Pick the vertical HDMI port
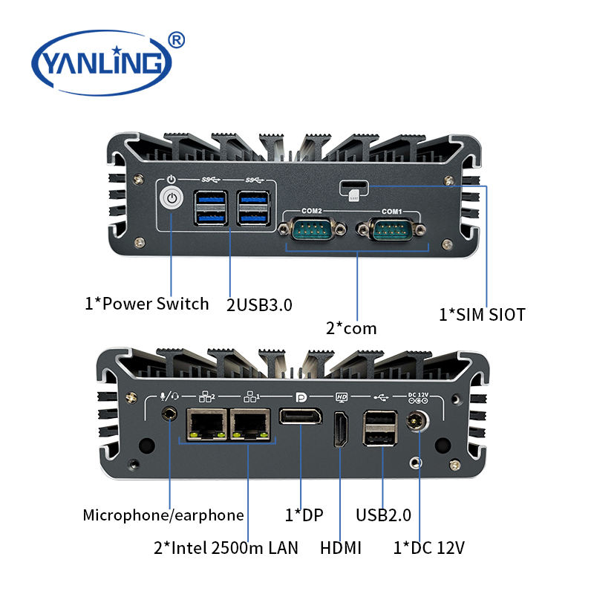(341, 430)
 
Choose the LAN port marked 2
(201, 424)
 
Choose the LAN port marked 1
(249, 424)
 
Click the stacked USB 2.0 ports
(381, 428)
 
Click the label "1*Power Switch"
(146, 303)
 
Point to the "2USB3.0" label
(259, 304)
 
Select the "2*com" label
(350, 327)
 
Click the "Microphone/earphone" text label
(163, 515)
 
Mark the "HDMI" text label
(341, 548)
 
